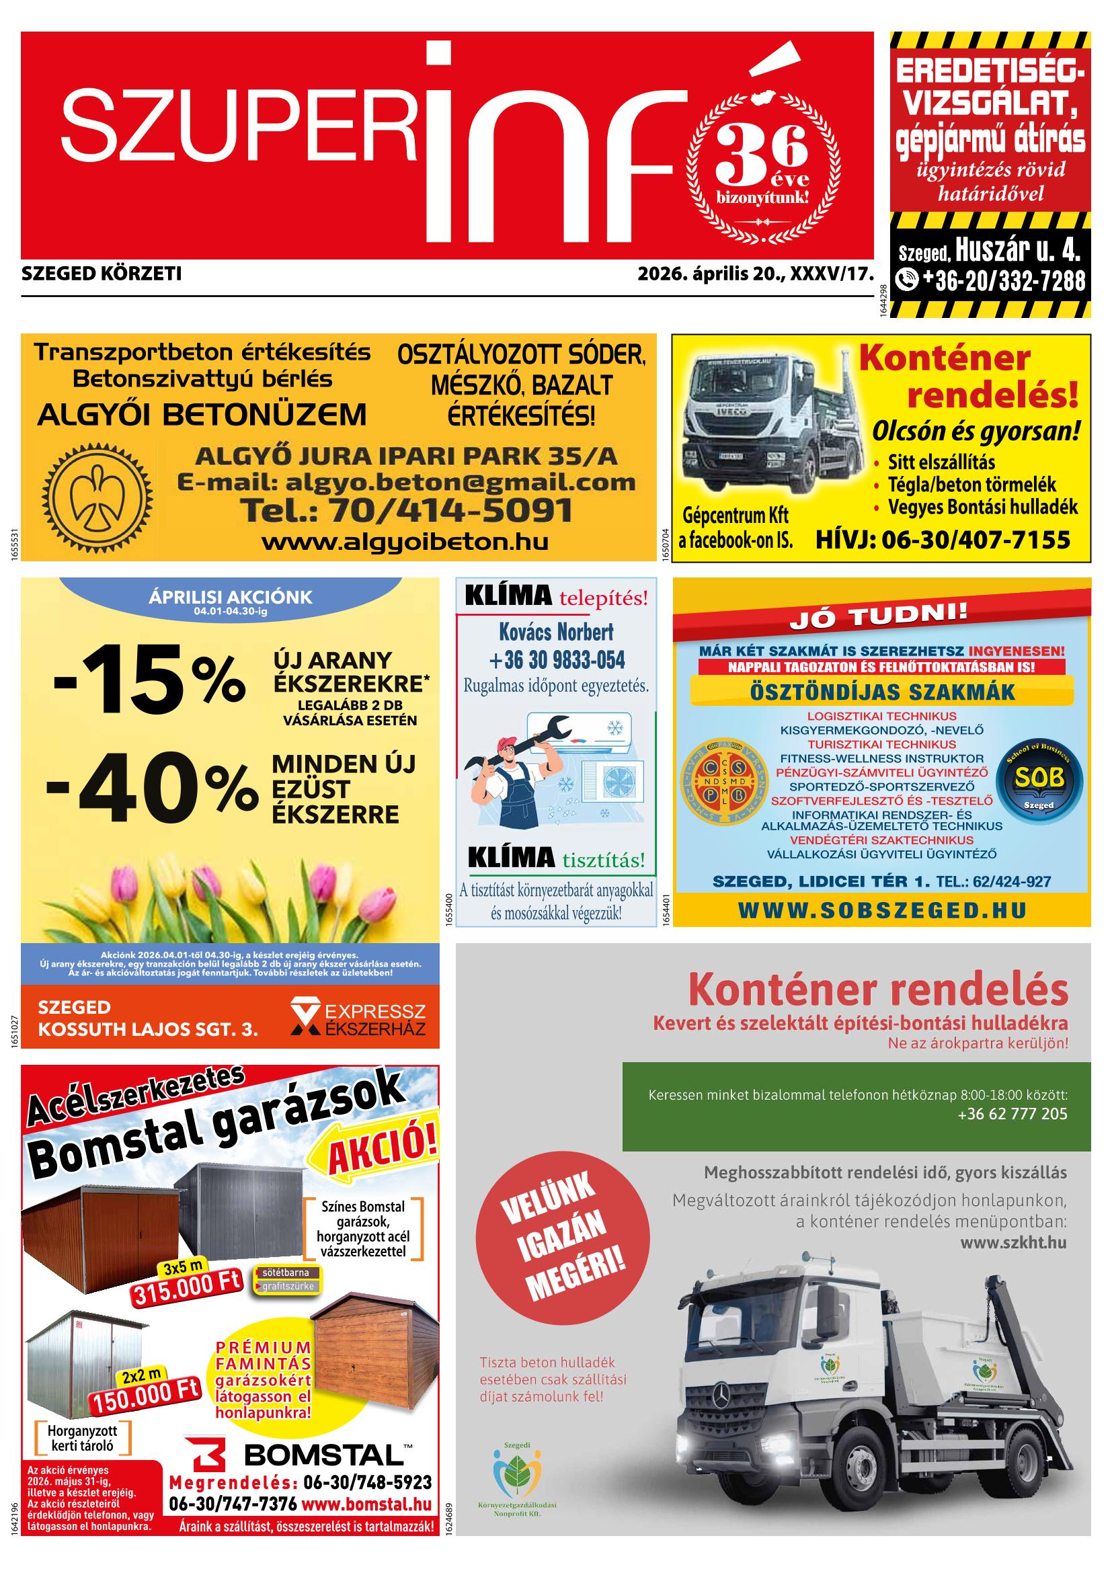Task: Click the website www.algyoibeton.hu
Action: pyautogui.click(x=405, y=542)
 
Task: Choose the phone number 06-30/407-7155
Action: pyautogui.click(x=942, y=540)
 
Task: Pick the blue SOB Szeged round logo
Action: pyautogui.click(x=1039, y=778)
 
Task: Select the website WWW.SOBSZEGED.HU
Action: pyautogui.click(x=883, y=909)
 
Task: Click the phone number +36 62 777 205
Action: pyautogui.click(x=1012, y=1113)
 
